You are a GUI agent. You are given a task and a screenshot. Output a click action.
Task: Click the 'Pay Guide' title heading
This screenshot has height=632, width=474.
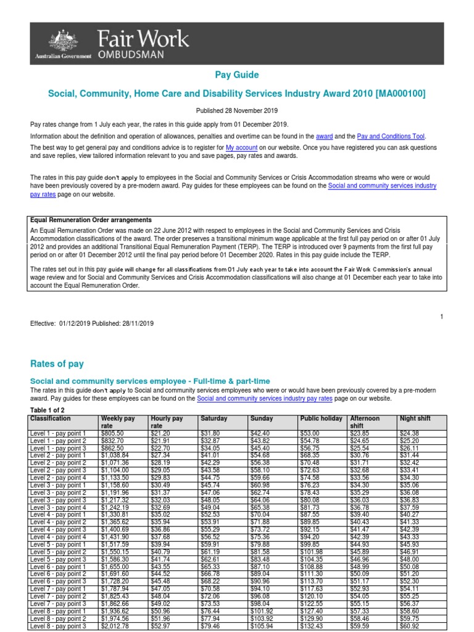coord(236,75)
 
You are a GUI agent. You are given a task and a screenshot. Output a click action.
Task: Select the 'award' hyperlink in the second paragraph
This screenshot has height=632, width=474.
coord(324,136)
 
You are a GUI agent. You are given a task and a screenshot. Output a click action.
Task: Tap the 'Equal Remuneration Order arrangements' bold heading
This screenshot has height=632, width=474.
coord(91,220)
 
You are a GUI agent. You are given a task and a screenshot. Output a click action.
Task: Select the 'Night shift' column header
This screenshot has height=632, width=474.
coord(415,418)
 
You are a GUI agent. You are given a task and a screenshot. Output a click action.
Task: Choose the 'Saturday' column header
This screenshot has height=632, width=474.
coord(214,418)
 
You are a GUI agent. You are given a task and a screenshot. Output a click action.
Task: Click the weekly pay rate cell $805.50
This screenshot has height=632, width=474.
coord(114,433)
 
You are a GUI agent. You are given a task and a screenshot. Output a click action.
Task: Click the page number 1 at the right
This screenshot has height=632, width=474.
coord(442,317)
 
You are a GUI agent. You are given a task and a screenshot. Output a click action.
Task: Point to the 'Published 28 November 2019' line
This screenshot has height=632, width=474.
coord(236,110)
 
